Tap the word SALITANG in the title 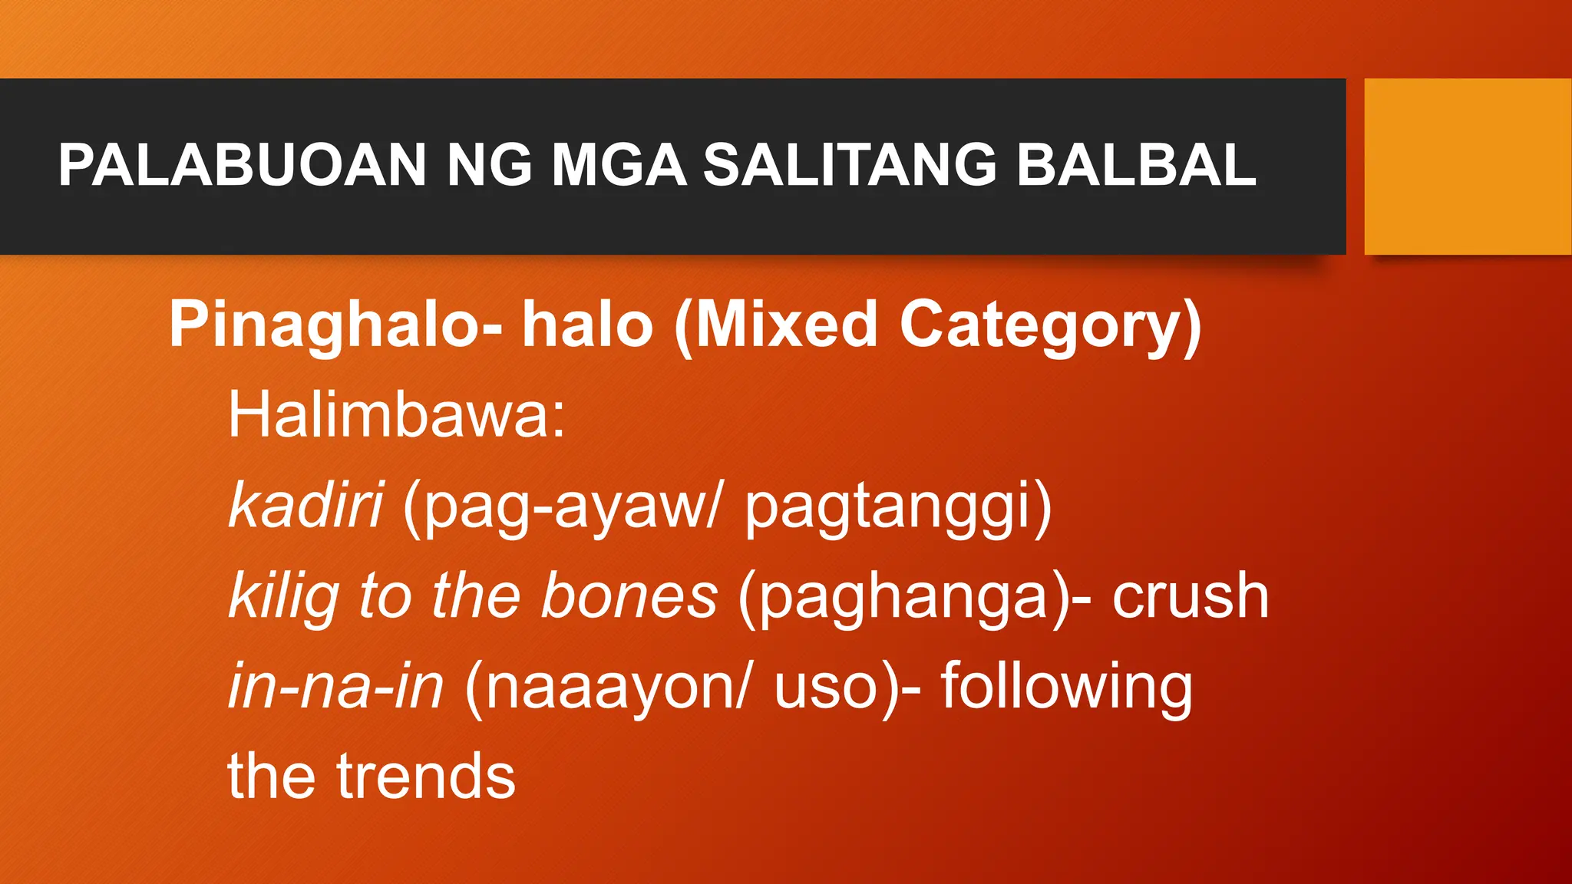(x=850, y=165)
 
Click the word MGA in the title (x=619, y=165)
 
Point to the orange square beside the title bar (x=1468, y=167)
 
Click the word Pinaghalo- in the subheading (x=335, y=325)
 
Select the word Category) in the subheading (x=1050, y=325)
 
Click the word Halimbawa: (x=396, y=415)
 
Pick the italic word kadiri (x=305, y=506)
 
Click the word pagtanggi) (x=898, y=507)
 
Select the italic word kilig (x=284, y=597)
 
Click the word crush (x=1191, y=596)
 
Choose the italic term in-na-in (x=335, y=686)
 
